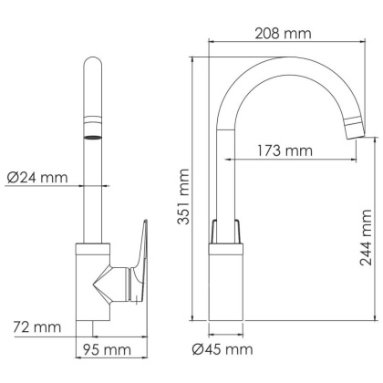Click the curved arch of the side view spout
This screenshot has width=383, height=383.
(274, 73)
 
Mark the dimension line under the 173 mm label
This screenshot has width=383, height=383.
(292, 160)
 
